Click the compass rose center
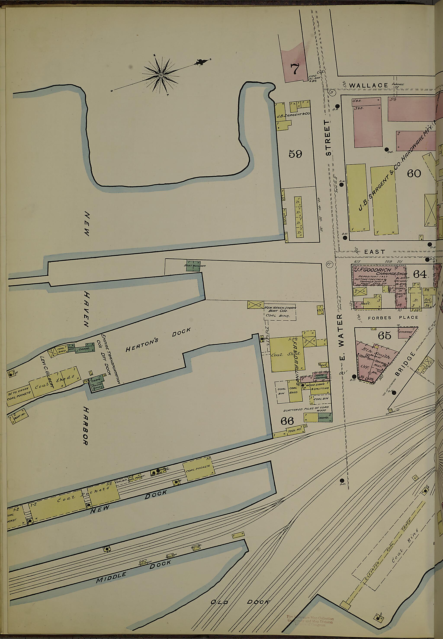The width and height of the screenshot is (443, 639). pos(161,75)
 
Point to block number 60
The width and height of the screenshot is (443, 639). pos(414,173)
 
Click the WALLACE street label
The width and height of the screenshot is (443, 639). pos(368,85)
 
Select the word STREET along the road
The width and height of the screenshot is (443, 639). pos(328,138)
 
